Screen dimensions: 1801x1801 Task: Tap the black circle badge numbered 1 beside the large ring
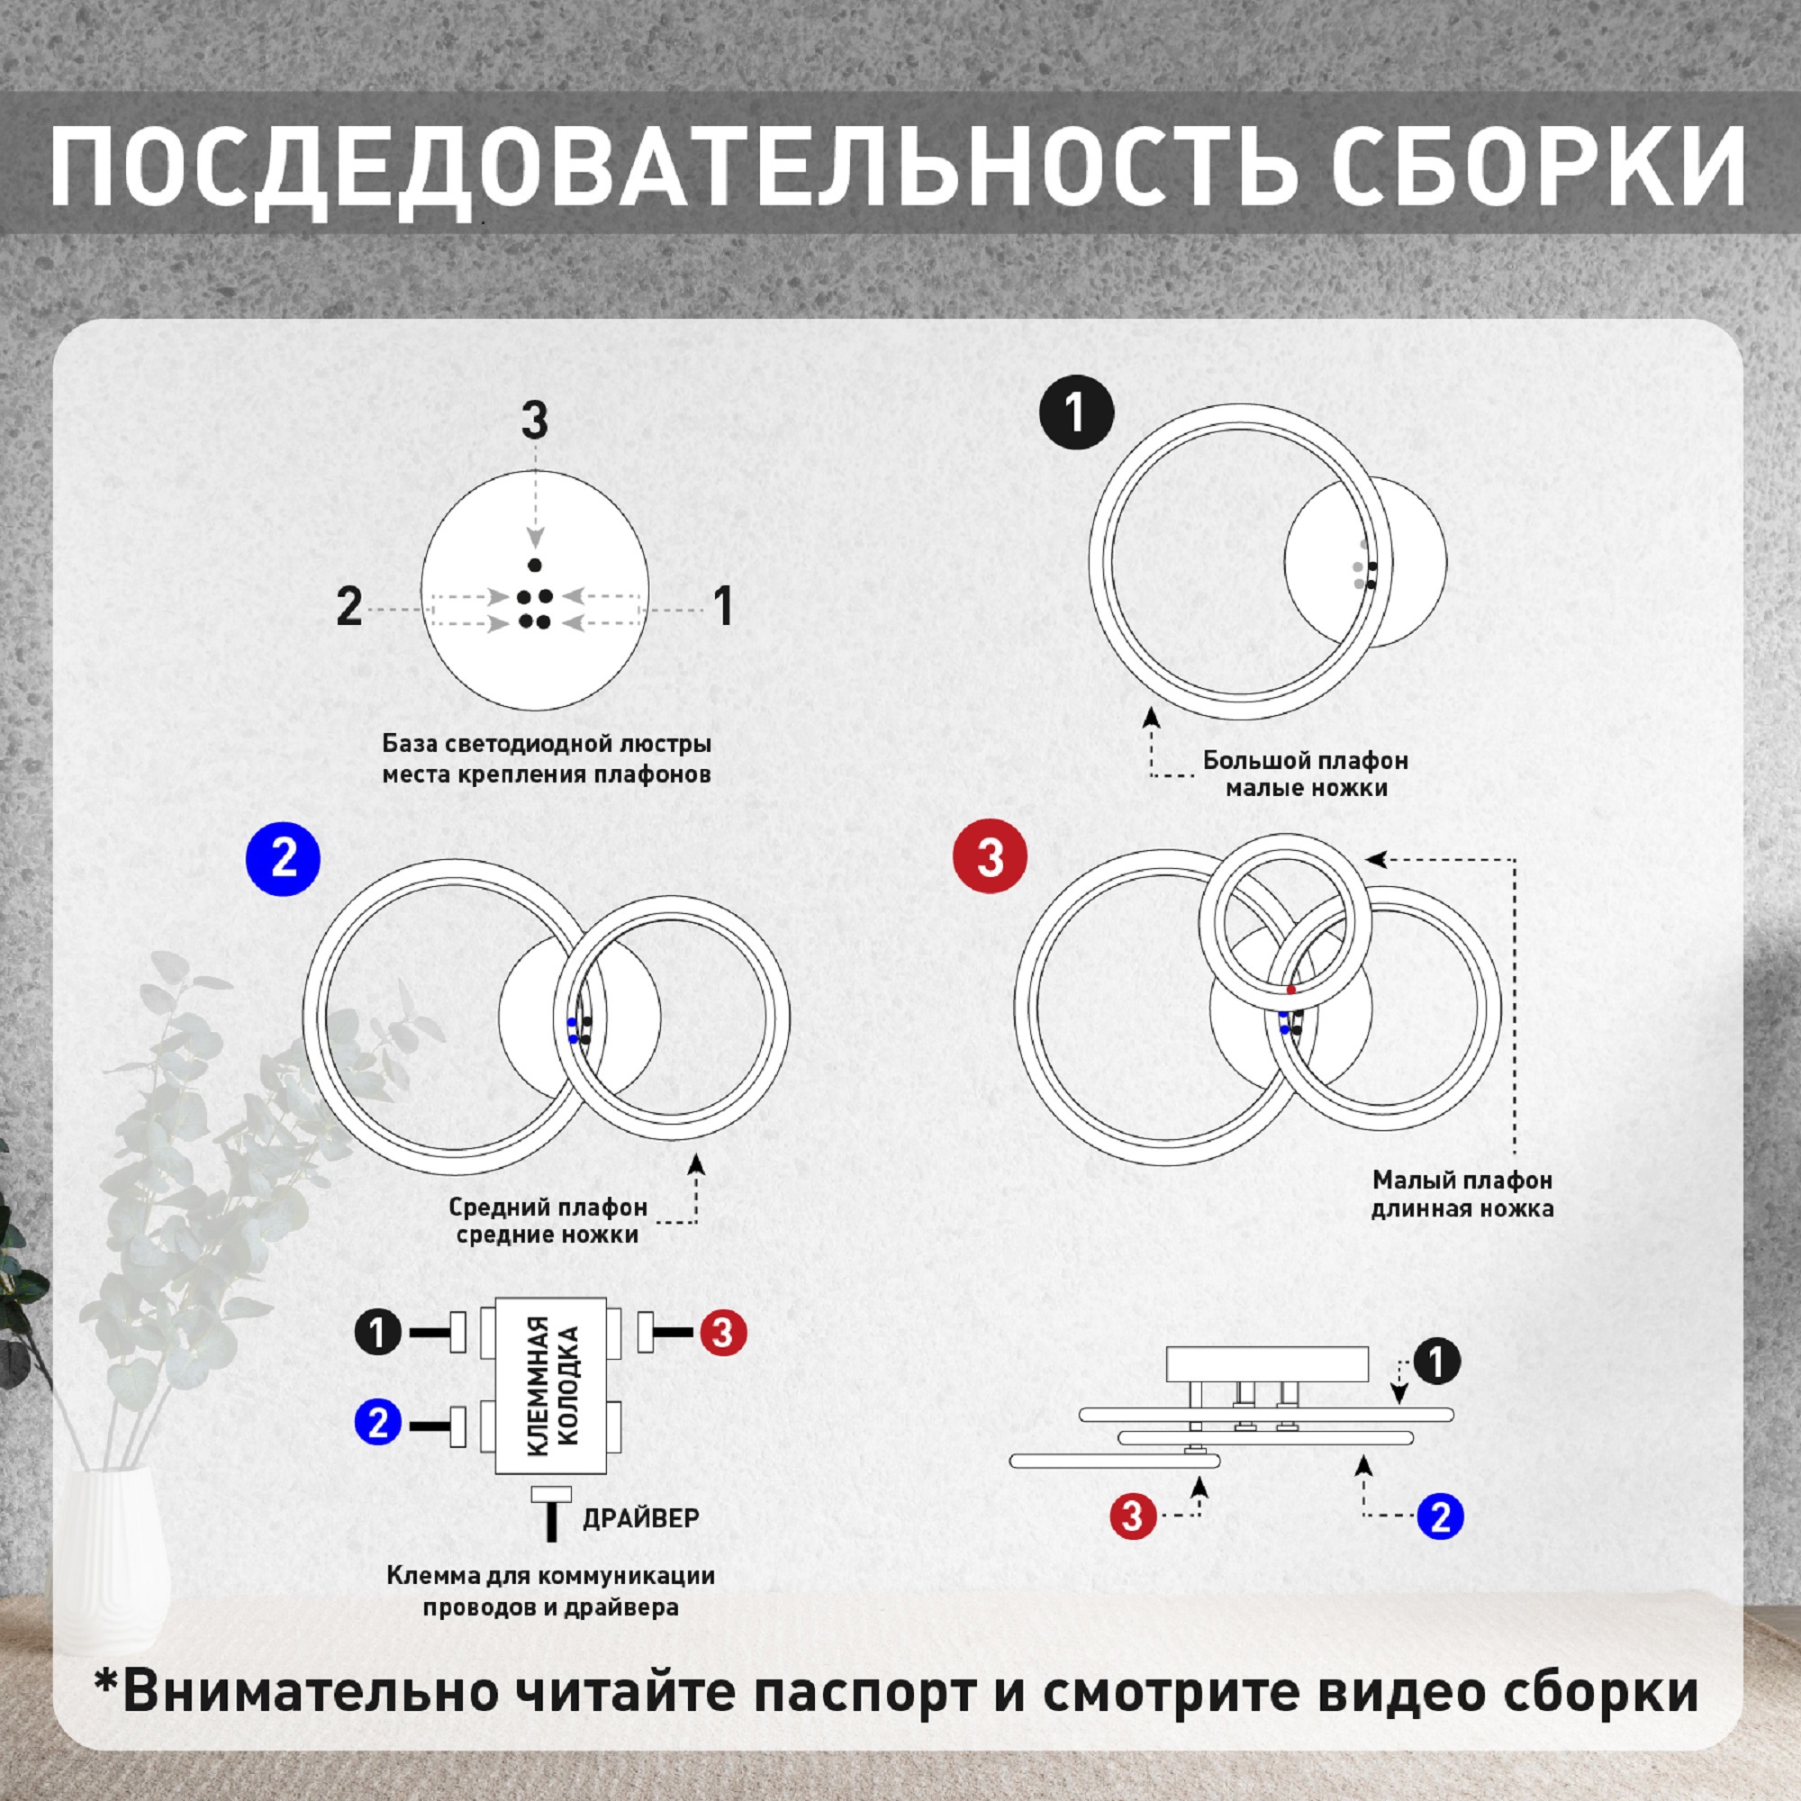click(x=1077, y=412)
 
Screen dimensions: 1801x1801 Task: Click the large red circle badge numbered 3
click(x=990, y=856)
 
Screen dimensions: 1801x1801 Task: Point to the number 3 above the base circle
click(x=534, y=421)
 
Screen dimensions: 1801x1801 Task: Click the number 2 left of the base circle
click(x=349, y=608)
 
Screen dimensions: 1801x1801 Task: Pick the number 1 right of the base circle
click(x=723, y=607)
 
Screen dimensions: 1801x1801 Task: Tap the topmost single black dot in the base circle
click(x=534, y=564)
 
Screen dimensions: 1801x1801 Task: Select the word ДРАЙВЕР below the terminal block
click(x=640, y=1517)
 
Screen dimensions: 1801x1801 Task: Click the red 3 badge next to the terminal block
click(x=723, y=1333)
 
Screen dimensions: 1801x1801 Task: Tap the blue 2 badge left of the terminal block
click(x=377, y=1424)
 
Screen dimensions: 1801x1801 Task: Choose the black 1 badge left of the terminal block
click(x=377, y=1333)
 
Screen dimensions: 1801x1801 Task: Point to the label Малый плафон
click(x=1462, y=1181)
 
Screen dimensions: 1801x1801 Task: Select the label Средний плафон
click(x=548, y=1208)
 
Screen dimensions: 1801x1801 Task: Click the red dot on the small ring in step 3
click(x=1291, y=989)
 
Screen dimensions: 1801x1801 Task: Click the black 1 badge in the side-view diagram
click(x=1436, y=1362)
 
